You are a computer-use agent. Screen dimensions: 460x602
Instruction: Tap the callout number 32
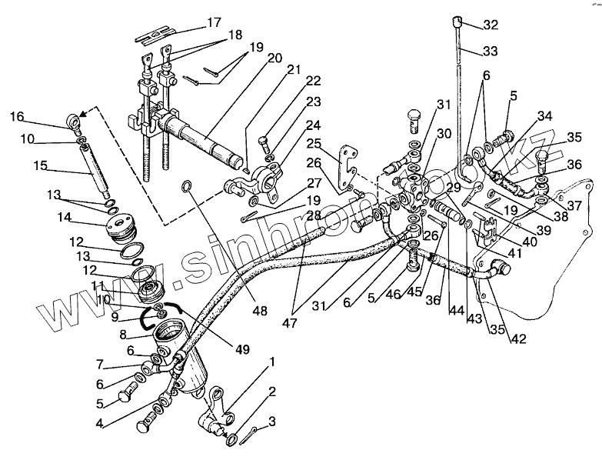pyautogui.click(x=491, y=25)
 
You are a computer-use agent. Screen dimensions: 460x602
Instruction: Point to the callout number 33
pyautogui.click(x=491, y=52)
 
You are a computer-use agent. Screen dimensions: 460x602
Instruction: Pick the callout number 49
pyautogui.click(x=244, y=350)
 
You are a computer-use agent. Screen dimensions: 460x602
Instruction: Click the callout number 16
pyautogui.click(x=17, y=116)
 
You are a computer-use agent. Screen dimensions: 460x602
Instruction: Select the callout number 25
pyautogui.click(x=314, y=144)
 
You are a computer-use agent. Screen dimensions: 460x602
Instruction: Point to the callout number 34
pyautogui.click(x=544, y=117)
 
